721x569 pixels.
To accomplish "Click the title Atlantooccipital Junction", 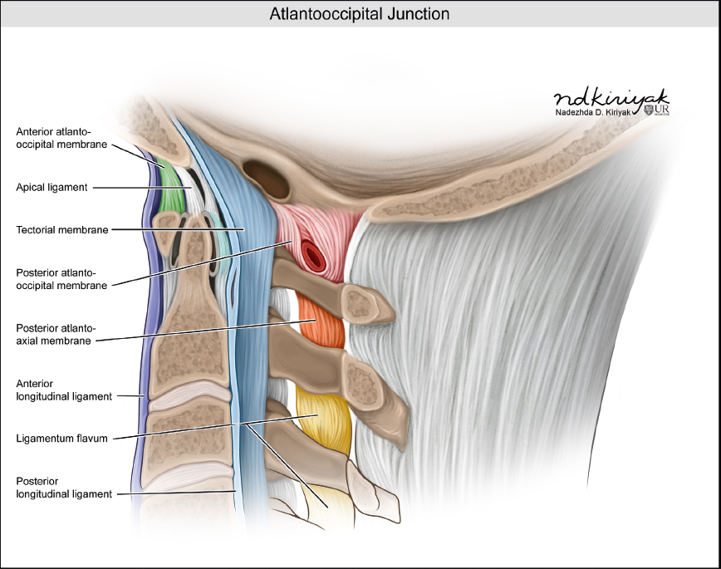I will [360, 14].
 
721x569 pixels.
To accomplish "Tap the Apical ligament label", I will [51, 188].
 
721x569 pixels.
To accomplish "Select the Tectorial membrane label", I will [62, 230].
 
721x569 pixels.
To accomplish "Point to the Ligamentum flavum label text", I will [62, 438].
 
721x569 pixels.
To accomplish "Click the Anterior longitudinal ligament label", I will [64, 390].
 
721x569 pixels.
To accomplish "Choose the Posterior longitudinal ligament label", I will [64, 488].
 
